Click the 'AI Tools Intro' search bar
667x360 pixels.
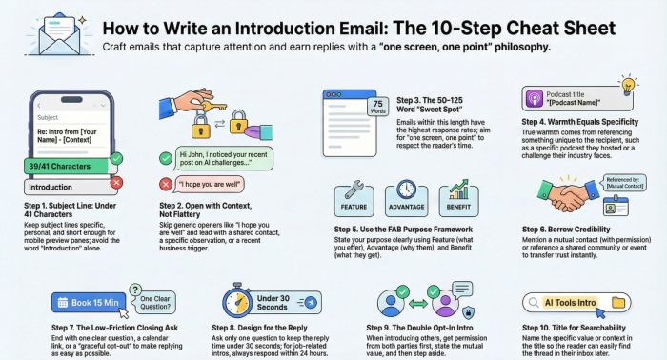click(x=573, y=303)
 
